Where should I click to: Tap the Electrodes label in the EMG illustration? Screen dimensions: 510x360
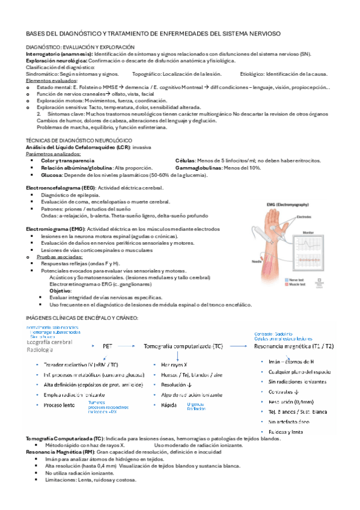[x=305, y=217]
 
